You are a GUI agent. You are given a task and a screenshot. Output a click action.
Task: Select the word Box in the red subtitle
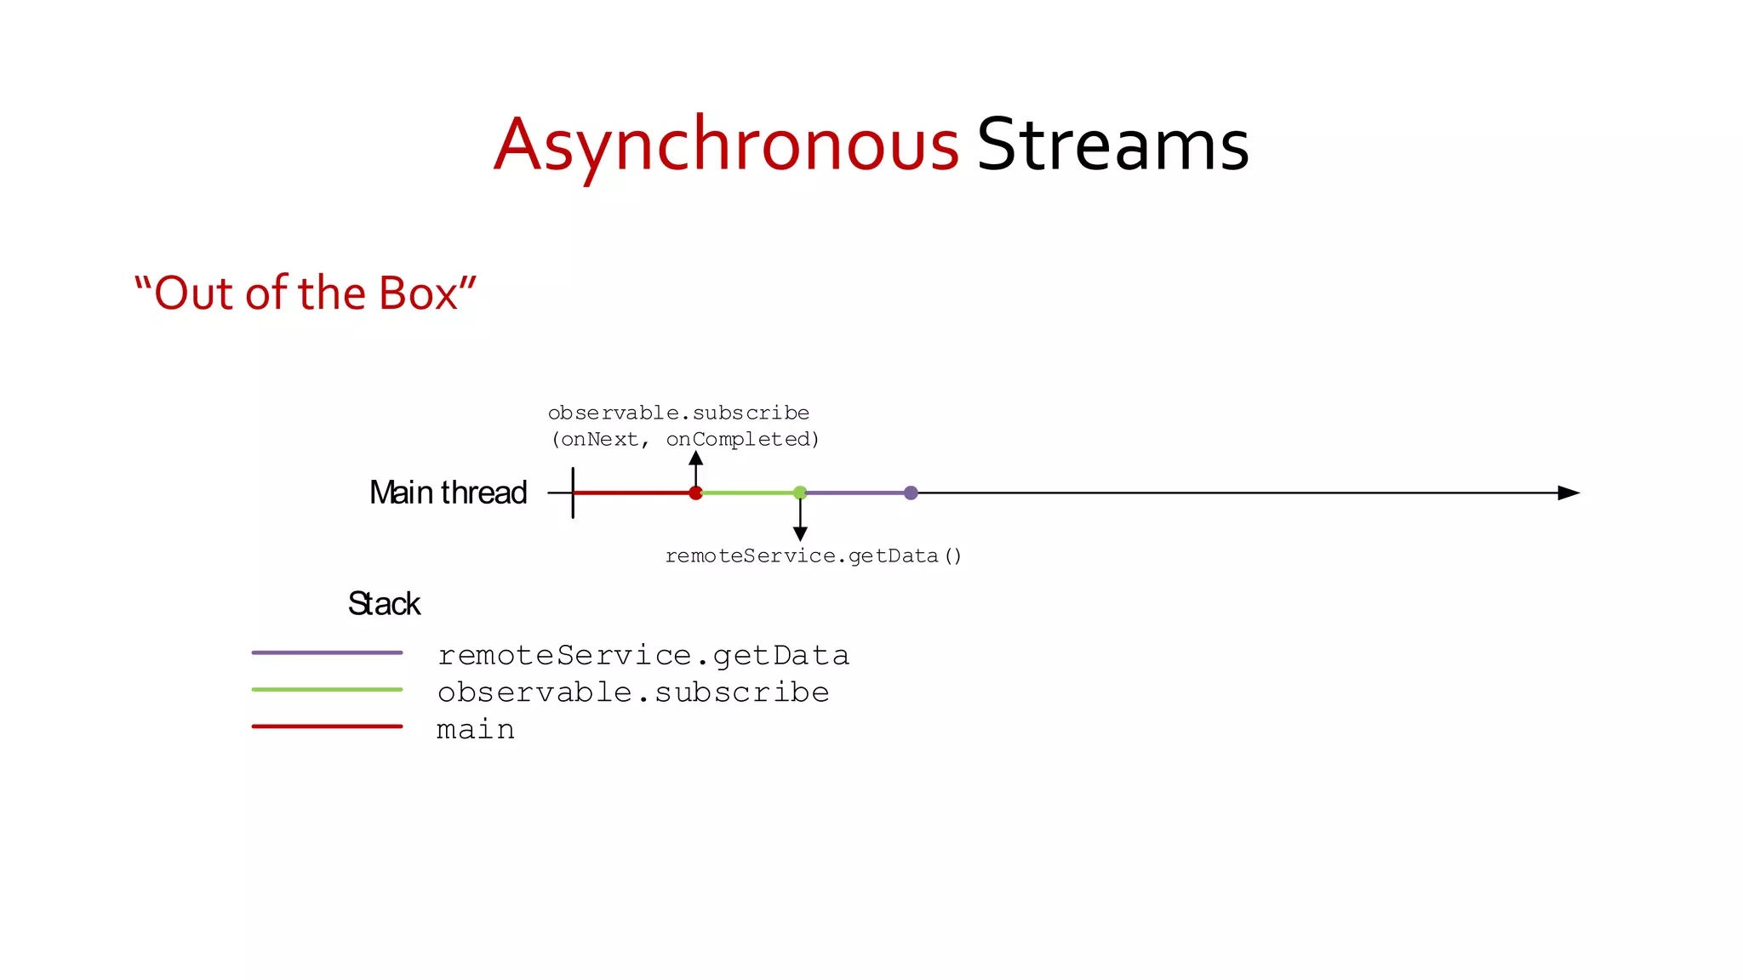coord(418,293)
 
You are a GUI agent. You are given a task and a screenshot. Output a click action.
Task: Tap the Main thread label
coord(448,493)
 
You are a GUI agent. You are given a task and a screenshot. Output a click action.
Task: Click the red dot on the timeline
coord(695,493)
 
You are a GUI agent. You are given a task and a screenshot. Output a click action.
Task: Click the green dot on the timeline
coord(800,493)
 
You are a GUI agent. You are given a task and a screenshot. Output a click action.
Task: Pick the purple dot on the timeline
coord(911,493)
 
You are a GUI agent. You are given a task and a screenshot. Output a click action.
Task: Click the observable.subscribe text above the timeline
coord(678,413)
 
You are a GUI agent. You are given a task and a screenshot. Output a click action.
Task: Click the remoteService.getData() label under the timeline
coord(813,556)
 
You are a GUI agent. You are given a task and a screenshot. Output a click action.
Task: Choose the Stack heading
coord(384,604)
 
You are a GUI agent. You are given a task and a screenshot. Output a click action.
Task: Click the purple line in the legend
coord(327,652)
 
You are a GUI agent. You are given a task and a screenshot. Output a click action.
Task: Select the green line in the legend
coord(327,689)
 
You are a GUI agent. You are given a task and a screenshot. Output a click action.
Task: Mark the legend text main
coord(476,730)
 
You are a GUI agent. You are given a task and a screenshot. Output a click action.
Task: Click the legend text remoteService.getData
coord(643,656)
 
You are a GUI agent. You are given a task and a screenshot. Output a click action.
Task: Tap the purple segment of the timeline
coord(855,493)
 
